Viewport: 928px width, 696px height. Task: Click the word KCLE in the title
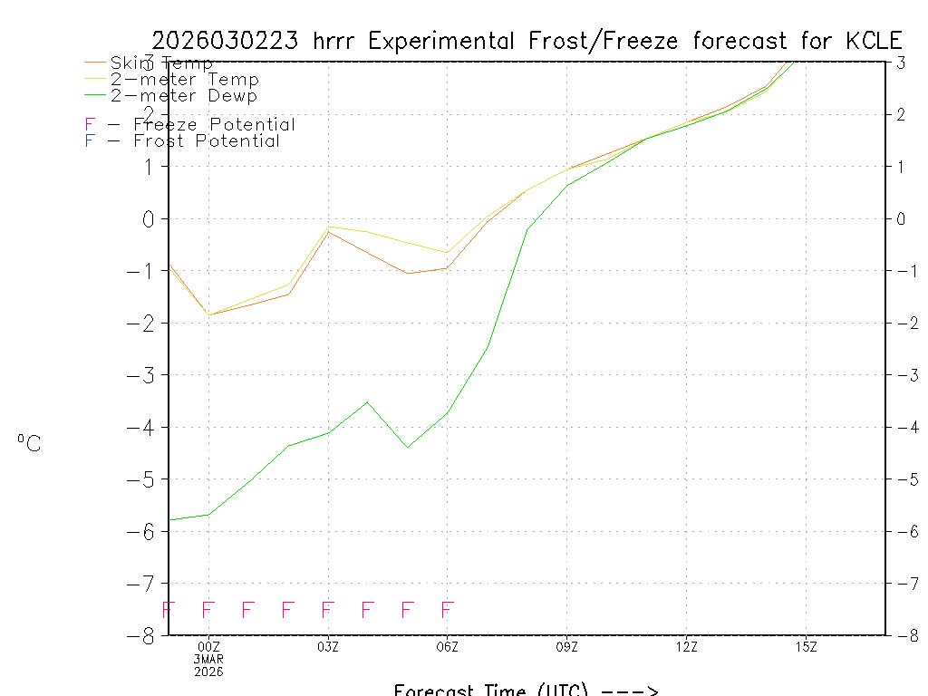875,41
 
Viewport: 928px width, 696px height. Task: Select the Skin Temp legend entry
161,63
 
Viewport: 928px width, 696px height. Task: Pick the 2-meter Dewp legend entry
183,95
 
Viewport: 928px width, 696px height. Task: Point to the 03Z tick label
328,646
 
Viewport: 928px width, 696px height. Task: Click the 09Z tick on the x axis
567,646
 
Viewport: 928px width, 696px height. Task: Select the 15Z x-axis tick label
806,646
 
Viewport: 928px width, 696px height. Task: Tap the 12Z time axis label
686,646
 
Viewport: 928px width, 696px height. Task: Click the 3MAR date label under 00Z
208,659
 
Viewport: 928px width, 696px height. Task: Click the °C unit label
29,443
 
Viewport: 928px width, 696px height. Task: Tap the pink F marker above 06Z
447,610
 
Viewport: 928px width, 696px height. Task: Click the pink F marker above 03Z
328,610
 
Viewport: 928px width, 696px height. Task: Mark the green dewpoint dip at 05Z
408,447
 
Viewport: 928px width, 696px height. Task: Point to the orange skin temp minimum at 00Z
209,314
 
